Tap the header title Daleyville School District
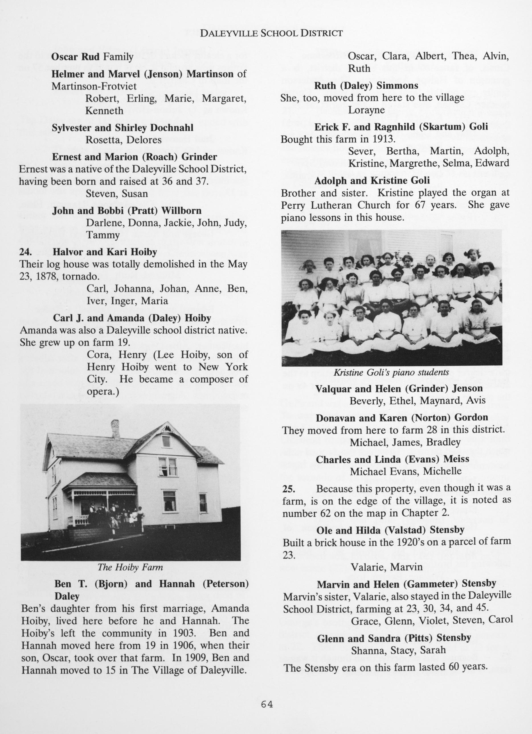(271, 33)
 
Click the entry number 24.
(25, 252)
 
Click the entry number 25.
(288, 488)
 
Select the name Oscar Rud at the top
(76, 57)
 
